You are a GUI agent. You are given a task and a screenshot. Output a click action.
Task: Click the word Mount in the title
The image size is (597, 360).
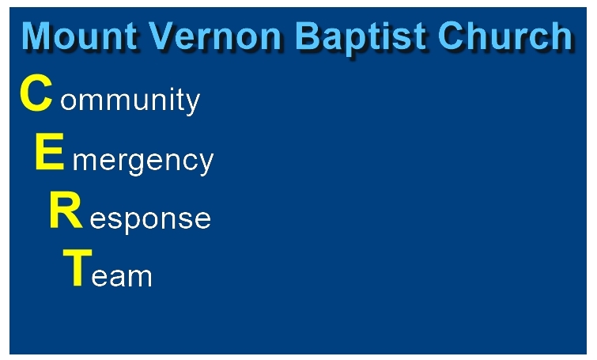(x=79, y=36)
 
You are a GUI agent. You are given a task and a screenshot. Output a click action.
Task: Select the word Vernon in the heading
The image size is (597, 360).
(x=215, y=36)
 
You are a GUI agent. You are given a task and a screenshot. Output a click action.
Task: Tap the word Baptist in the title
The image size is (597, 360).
(x=360, y=38)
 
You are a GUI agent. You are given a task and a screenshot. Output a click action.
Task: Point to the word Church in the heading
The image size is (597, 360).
(x=505, y=36)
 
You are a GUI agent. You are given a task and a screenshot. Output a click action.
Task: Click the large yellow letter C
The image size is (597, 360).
(x=36, y=93)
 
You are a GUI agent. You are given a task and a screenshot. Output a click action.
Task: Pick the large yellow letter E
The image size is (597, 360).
(x=50, y=152)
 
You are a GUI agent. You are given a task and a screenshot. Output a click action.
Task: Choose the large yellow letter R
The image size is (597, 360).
(x=66, y=210)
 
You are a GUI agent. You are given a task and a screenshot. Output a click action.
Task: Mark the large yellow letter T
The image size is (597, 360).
(x=77, y=267)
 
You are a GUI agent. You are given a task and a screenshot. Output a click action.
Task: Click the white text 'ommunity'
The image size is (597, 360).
(x=130, y=100)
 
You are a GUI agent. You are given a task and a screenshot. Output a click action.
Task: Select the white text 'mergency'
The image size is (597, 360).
(x=143, y=161)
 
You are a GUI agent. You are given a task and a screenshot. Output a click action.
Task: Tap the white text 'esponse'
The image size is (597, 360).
(x=150, y=221)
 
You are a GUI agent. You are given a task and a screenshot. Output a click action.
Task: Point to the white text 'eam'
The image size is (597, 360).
(x=122, y=277)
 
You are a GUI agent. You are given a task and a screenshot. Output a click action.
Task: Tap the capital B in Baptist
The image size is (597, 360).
(x=308, y=36)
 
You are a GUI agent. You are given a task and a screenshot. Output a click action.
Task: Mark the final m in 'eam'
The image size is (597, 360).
(x=140, y=276)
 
